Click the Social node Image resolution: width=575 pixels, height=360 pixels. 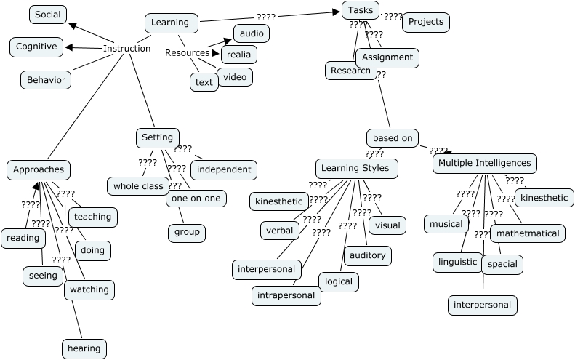click(48, 15)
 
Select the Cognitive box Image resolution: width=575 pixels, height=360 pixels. click(36, 47)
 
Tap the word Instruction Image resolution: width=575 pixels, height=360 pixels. click(126, 49)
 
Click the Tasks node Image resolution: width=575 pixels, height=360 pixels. click(361, 10)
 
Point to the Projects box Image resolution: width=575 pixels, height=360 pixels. click(425, 22)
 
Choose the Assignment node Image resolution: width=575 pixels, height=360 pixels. click(387, 57)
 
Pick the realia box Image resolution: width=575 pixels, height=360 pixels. click(239, 54)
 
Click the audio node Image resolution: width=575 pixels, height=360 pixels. click(252, 33)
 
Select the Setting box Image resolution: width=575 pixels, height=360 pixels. click(157, 137)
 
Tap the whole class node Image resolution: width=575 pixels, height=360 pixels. click(138, 186)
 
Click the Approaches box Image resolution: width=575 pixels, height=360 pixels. click(39, 170)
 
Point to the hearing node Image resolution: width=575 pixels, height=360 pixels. click(84, 348)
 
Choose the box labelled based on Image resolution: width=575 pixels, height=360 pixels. click(393, 137)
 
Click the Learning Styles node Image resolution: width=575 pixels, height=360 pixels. click(356, 169)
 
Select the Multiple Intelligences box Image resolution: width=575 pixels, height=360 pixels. click(485, 164)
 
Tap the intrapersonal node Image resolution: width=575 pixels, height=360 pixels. click(287, 295)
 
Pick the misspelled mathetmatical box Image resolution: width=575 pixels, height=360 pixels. click(528, 233)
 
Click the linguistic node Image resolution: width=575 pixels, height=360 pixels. click(457, 262)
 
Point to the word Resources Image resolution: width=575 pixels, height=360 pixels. click(187, 53)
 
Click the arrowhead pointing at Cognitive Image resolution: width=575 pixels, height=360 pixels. click(68, 48)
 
